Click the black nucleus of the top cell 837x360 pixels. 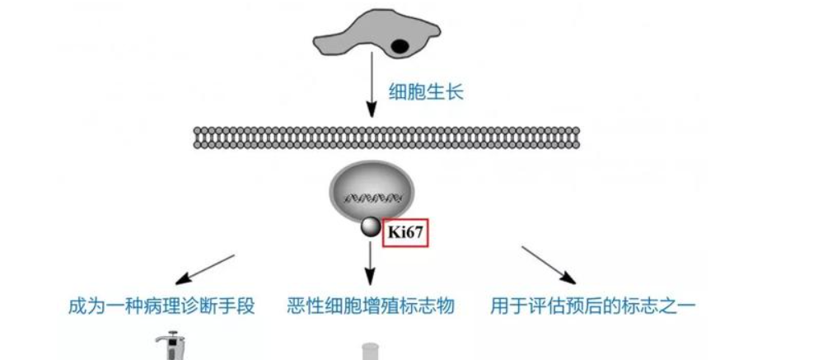tap(399, 46)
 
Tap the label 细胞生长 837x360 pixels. tap(426, 91)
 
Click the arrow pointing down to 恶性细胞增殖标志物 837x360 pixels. tap(371, 264)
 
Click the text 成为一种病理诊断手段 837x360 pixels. tap(161, 307)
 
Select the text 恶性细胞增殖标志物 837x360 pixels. tap(371, 307)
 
